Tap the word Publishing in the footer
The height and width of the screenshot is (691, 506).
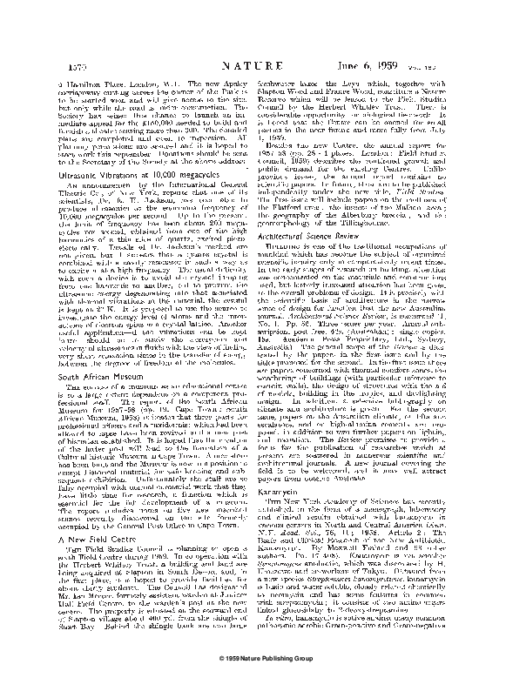(273, 677)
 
